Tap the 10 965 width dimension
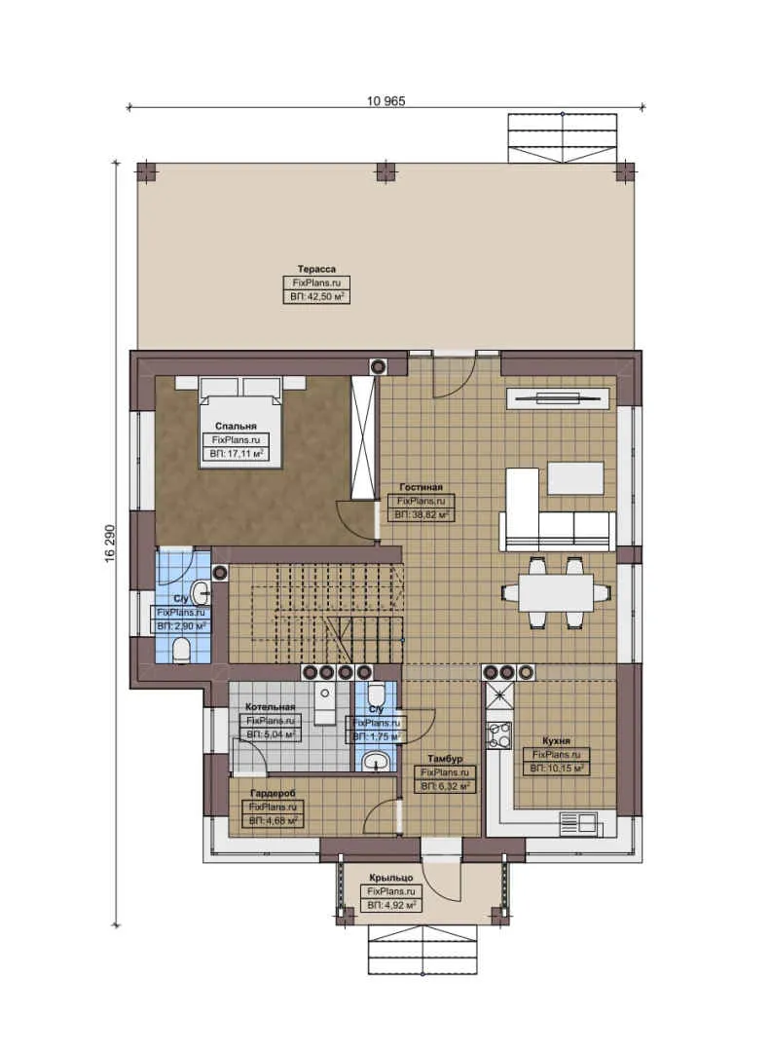(385, 100)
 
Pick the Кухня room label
(555, 740)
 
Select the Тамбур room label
(443, 758)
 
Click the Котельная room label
(270, 706)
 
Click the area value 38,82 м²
(421, 513)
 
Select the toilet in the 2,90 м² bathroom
(181, 651)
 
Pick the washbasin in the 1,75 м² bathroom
(375, 761)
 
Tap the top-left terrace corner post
(146, 172)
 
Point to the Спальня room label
(237, 426)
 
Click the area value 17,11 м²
(237, 454)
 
